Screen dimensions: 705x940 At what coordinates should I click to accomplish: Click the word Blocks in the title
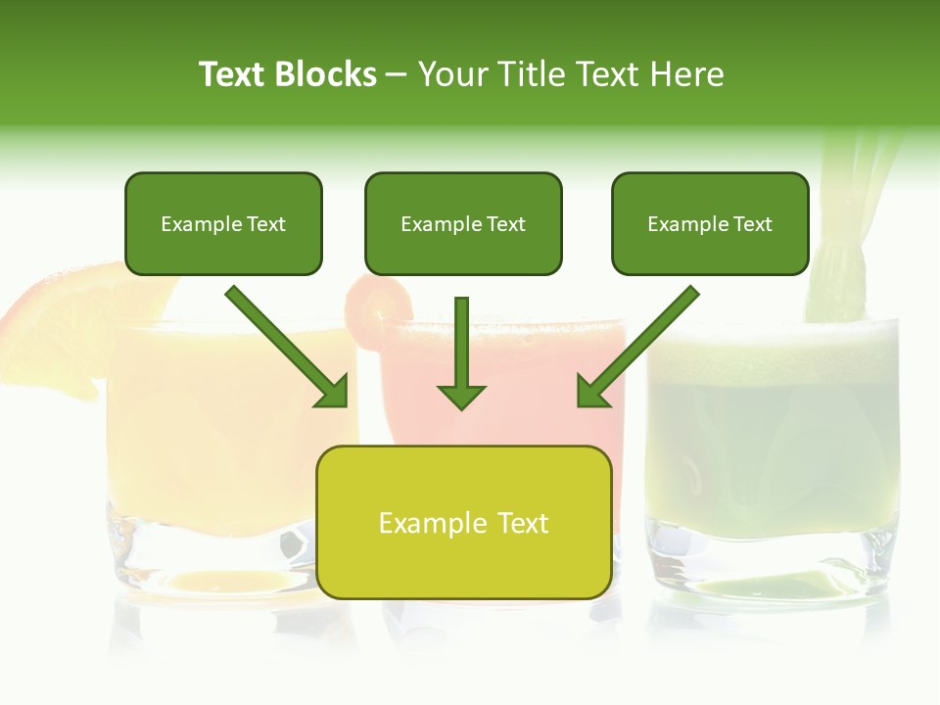(327, 74)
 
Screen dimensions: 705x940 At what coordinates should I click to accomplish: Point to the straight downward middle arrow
(461, 352)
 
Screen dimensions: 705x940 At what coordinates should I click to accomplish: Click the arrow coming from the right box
(636, 348)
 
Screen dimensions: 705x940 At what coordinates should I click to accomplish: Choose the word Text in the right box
(752, 224)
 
